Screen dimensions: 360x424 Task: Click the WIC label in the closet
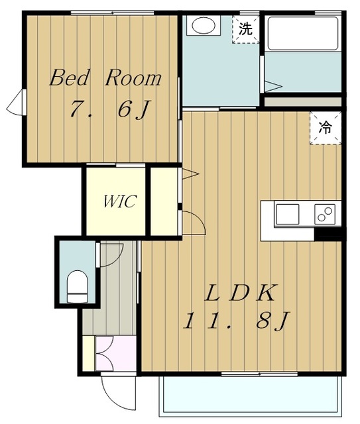(119, 201)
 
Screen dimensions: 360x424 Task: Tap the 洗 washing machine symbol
(245, 29)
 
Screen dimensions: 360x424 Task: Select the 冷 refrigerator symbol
(326, 128)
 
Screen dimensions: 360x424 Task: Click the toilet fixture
(78, 287)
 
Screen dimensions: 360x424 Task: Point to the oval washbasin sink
(204, 26)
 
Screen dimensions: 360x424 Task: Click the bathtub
(303, 34)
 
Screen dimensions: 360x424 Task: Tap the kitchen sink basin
(288, 215)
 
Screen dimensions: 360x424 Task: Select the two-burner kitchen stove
(325, 215)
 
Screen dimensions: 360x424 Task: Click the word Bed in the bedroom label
(70, 78)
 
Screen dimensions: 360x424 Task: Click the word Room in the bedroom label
(133, 78)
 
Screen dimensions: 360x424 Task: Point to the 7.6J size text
(109, 109)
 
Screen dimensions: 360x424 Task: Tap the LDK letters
(240, 293)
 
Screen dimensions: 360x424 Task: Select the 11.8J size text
(237, 321)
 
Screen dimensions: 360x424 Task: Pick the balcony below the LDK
(251, 395)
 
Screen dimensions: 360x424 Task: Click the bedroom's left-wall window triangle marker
(14, 103)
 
